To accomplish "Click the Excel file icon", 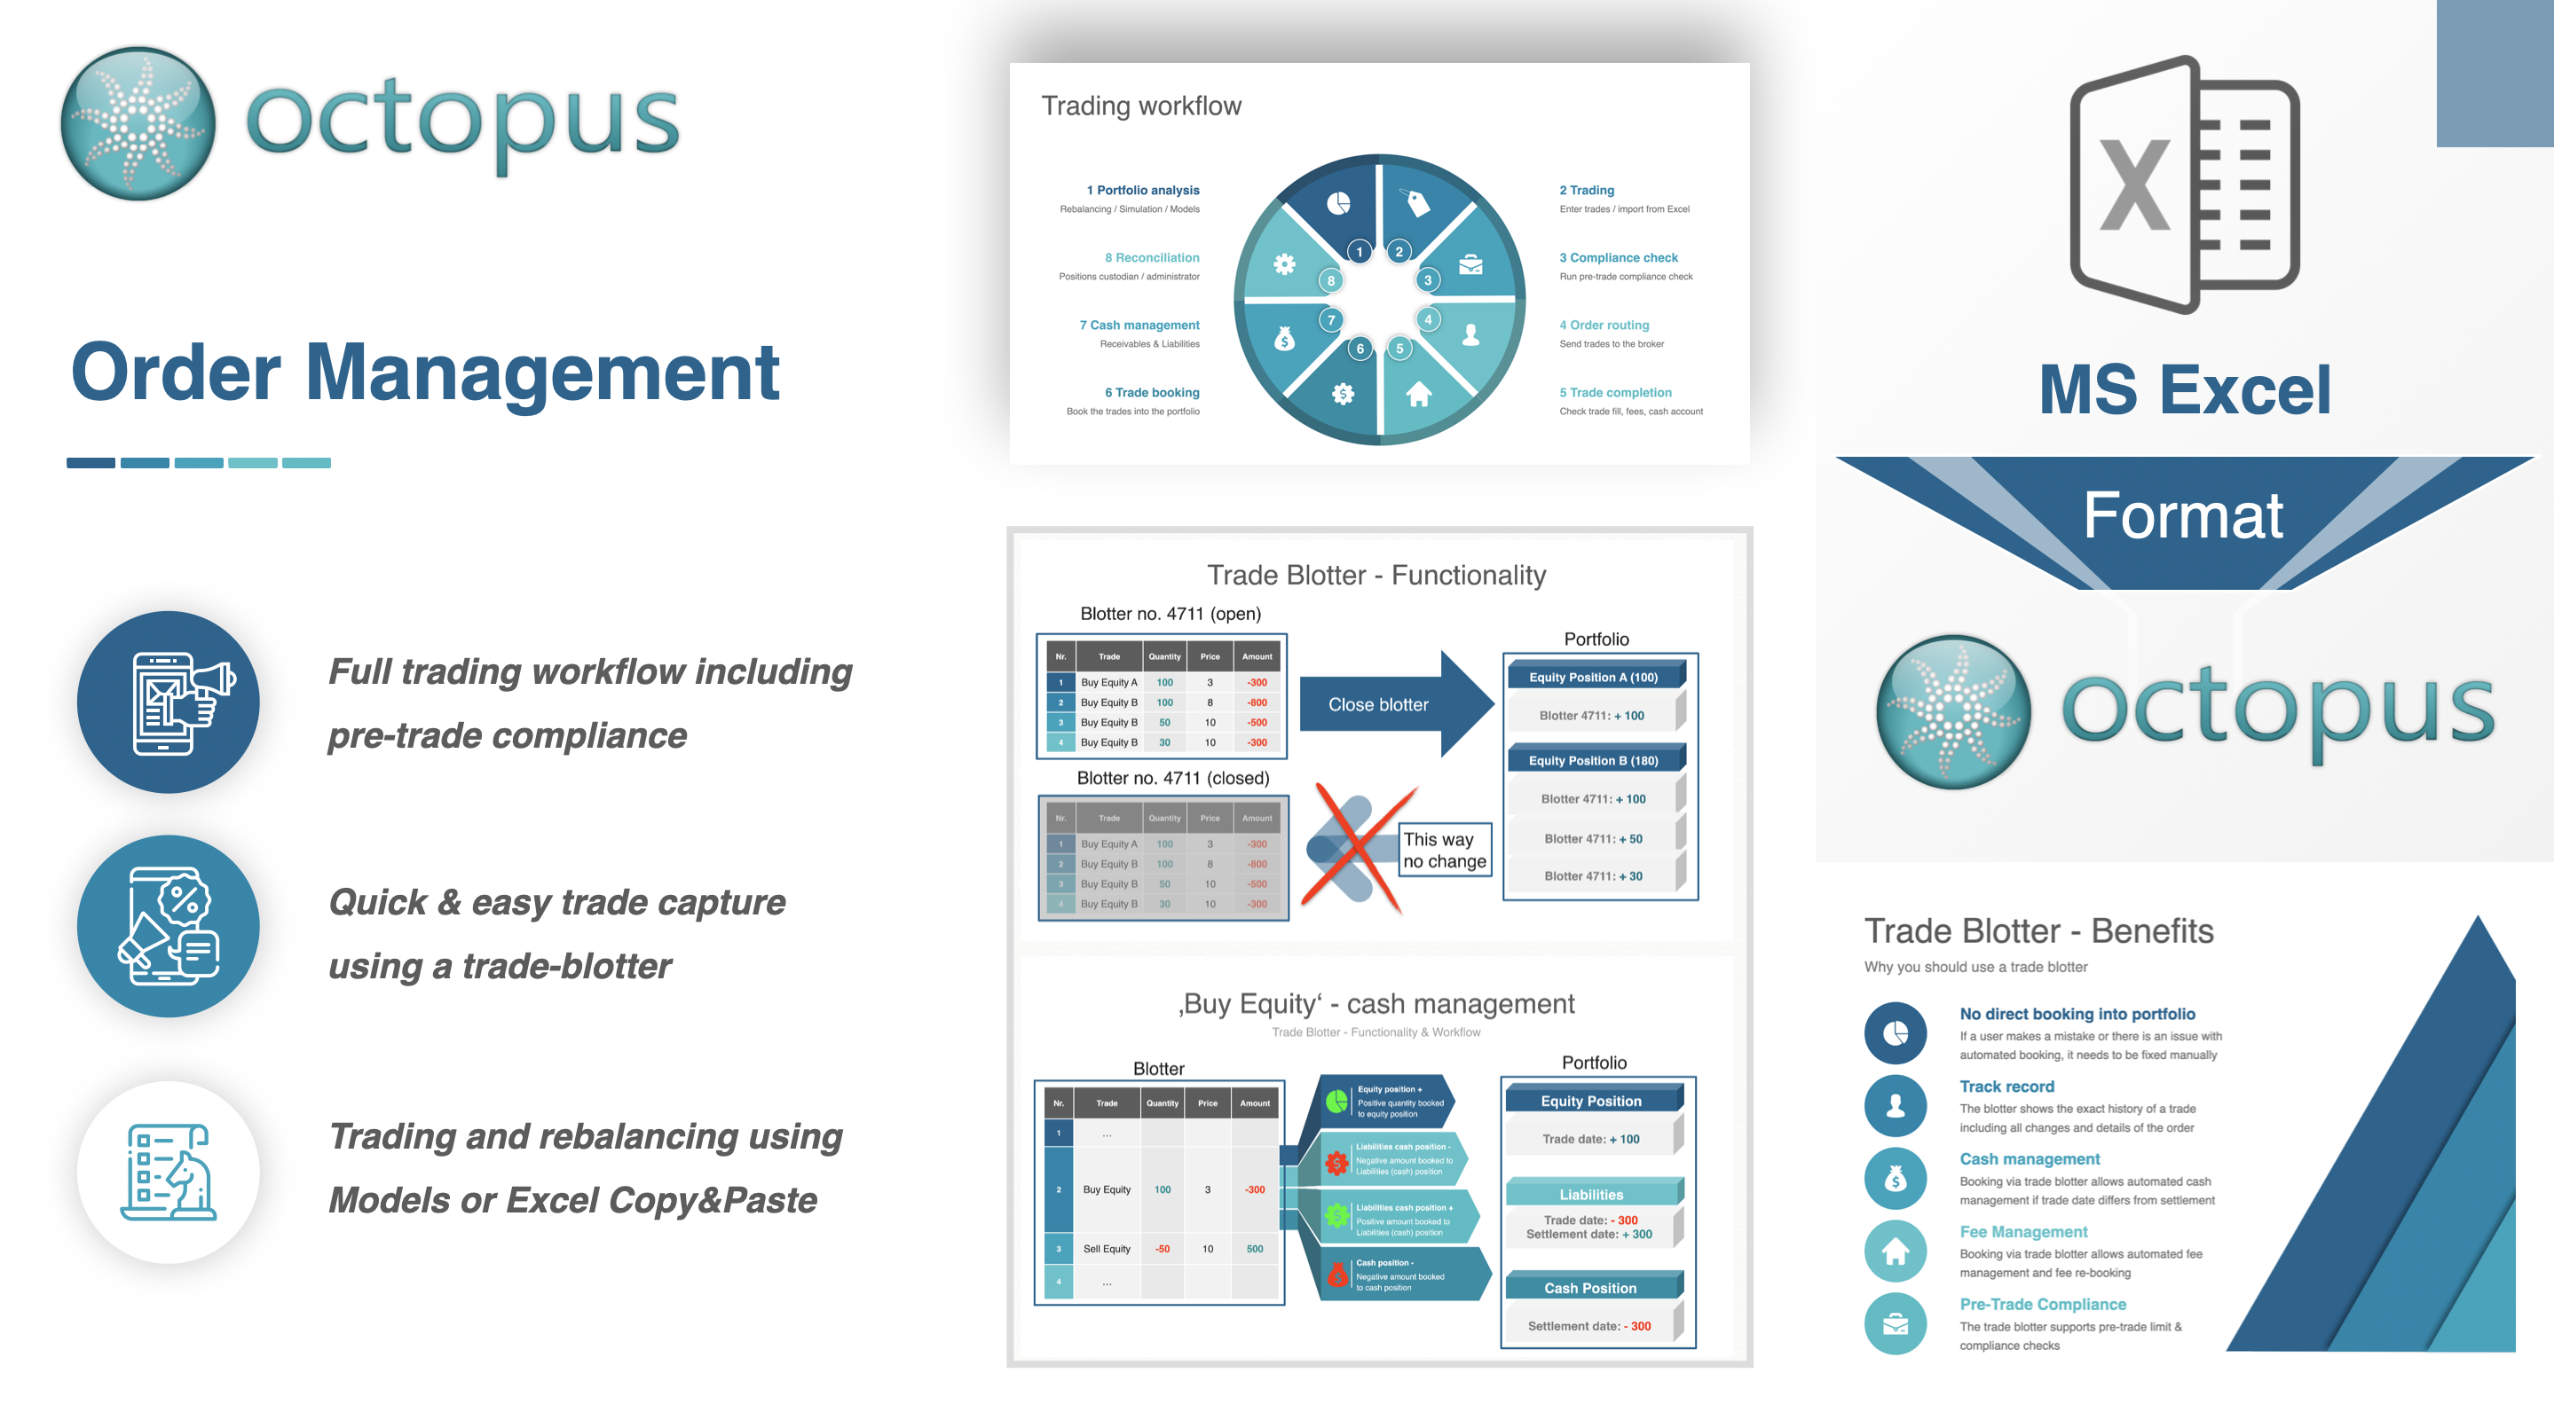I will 2185,185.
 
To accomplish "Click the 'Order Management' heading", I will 425,373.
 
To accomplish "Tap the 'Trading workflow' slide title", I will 1140,106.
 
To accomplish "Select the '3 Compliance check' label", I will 1618,257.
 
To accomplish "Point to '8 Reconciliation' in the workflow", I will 1151,257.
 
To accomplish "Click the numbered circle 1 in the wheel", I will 1360,252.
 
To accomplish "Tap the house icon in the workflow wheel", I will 1419,395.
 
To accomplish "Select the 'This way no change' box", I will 1445,851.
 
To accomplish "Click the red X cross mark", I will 1357,848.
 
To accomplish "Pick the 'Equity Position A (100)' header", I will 1593,677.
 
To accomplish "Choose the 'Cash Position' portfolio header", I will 1590,1287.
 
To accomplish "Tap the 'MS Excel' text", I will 2184,389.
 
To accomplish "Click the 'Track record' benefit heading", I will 2006,1087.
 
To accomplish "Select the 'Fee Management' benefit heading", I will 2022,1231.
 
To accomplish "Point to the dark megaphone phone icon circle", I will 169,702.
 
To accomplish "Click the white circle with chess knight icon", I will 169,1172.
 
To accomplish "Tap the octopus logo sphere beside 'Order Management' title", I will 138,124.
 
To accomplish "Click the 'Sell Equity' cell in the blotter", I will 1107,1249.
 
